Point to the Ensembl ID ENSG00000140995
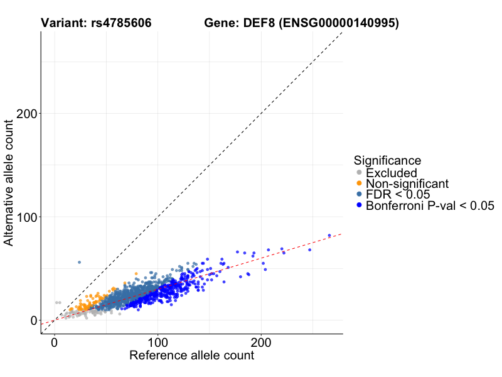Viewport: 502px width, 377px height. click(x=339, y=23)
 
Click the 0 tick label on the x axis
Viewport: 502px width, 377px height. click(x=54, y=343)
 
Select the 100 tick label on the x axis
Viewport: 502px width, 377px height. click(x=158, y=343)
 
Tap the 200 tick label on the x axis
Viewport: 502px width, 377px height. click(x=261, y=343)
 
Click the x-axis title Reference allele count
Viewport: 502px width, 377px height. click(x=191, y=356)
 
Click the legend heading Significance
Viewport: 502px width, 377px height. click(x=387, y=160)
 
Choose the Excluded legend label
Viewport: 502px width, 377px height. click(x=392, y=173)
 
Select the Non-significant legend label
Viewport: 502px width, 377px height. click(x=407, y=183)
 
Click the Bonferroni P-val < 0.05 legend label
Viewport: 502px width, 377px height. click(x=430, y=205)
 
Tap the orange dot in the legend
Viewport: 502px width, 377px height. click(x=359, y=183)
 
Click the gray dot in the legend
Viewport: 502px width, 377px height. click(x=359, y=173)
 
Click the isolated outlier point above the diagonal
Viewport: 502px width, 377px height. click(x=79, y=262)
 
